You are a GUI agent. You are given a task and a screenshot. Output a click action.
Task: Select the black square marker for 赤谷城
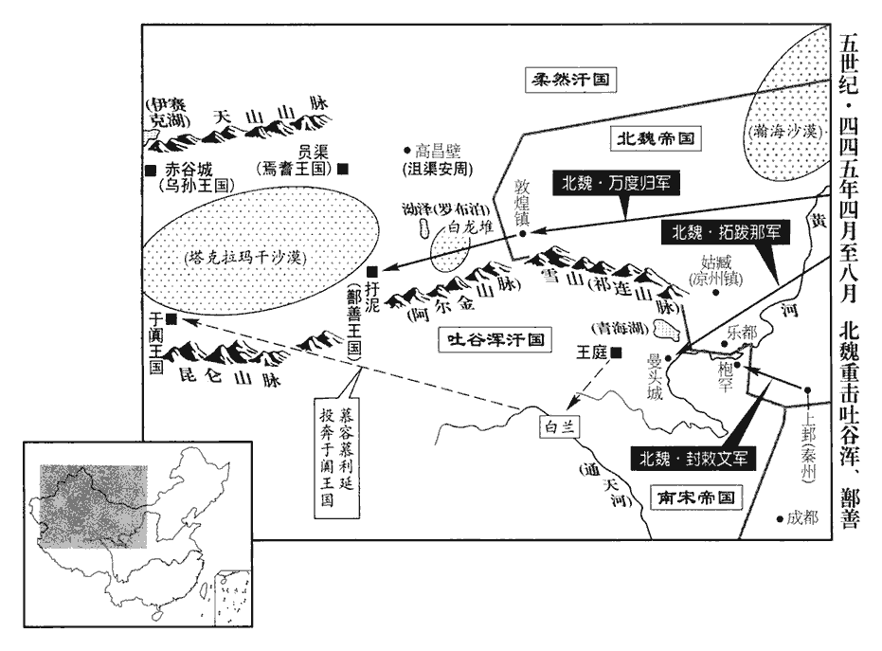pyautogui.click(x=151, y=170)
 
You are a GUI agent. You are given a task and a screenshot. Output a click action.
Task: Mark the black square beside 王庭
pyautogui.click(x=617, y=353)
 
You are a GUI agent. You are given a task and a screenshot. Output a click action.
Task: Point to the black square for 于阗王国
pyautogui.click(x=171, y=318)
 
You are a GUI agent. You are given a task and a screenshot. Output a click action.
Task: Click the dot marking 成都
pyautogui.click(x=779, y=517)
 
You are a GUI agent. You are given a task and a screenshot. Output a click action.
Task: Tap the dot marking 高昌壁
pyautogui.click(x=405, y=150)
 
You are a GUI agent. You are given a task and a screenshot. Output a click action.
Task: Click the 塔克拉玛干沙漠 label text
pyautogui.click(x=255, y=256)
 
